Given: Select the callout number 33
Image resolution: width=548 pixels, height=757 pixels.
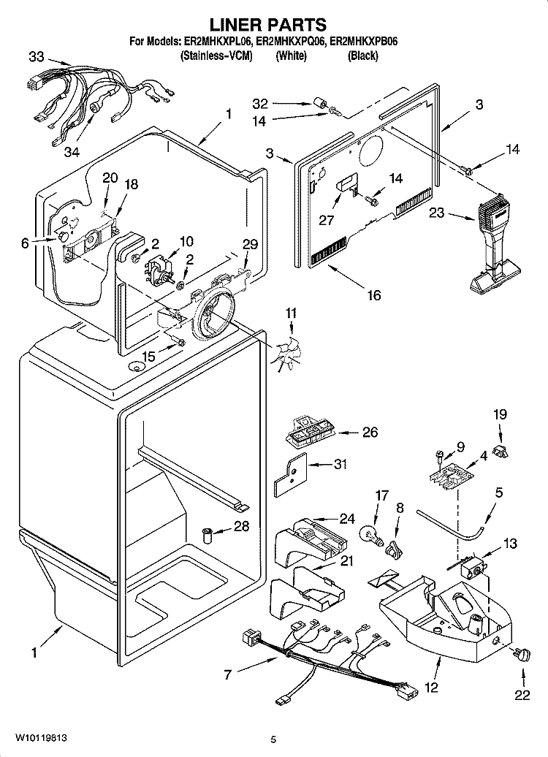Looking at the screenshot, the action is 37,57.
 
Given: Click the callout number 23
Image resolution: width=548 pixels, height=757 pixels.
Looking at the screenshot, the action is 436,212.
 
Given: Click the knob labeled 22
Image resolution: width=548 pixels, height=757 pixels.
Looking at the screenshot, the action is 522,655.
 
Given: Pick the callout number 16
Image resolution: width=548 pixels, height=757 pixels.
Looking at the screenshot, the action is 374,294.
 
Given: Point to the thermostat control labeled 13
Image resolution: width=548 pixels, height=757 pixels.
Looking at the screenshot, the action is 472,568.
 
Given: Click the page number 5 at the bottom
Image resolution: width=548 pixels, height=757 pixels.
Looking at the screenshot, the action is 273,739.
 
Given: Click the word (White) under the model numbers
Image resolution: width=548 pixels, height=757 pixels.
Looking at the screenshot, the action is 291,56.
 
